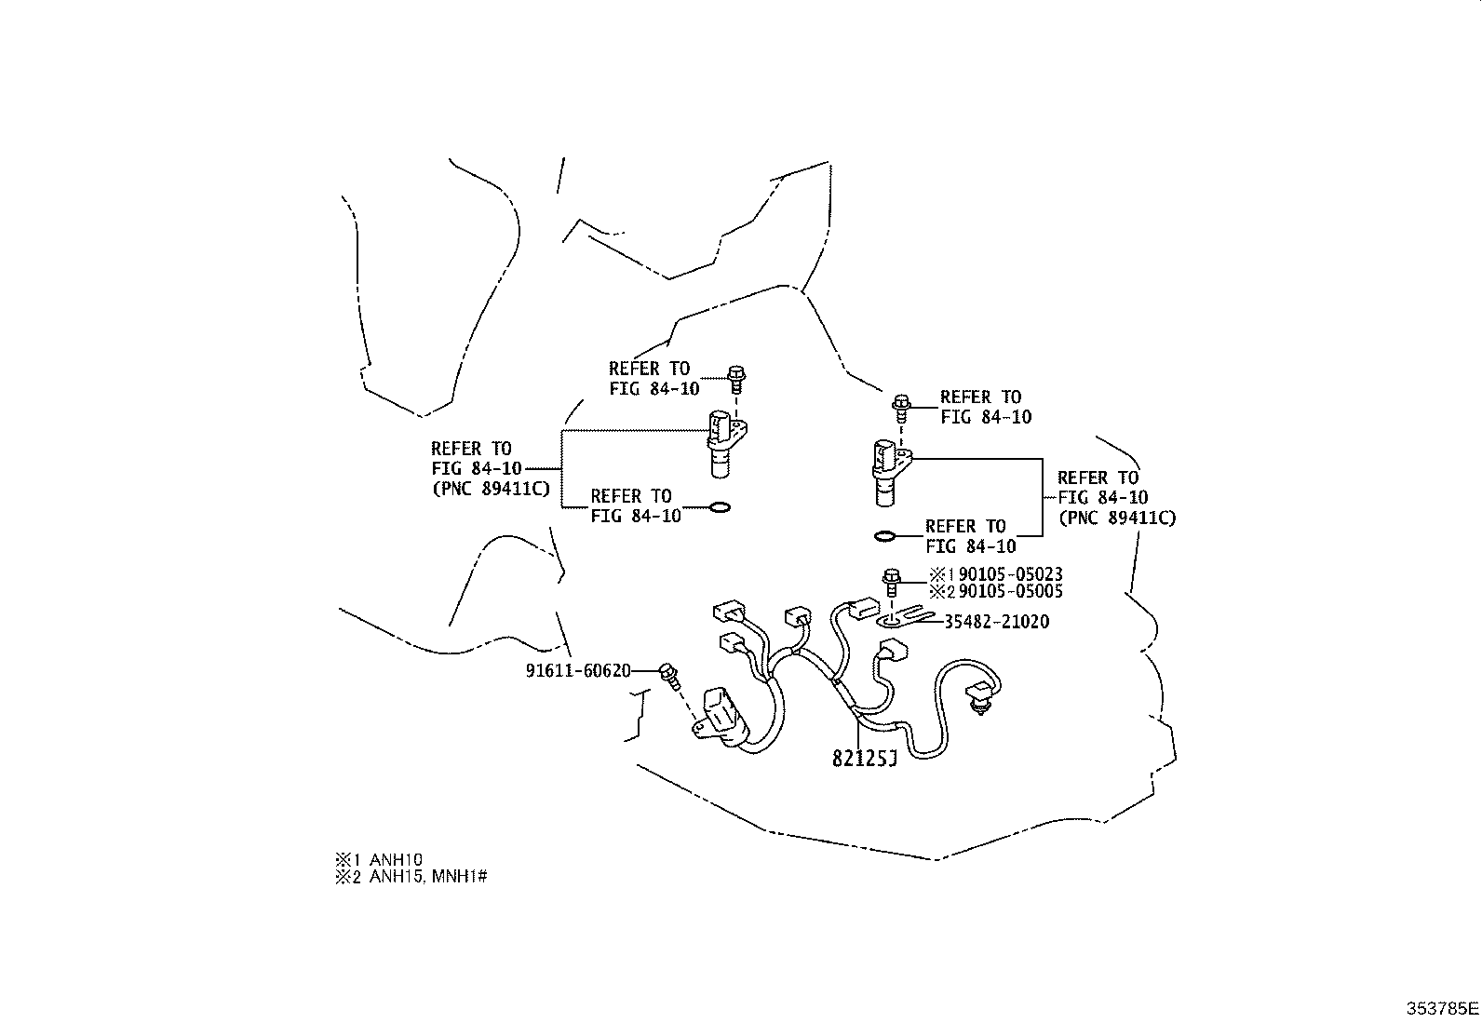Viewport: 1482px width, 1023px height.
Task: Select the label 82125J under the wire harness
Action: tap(863, 760)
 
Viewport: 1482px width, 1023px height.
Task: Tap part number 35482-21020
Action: tap(996, 622)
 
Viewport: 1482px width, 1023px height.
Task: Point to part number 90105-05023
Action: tap(1010, 574)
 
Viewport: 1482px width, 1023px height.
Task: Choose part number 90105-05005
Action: tap(1010, 592)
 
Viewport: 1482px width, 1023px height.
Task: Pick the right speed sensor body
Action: tap(886, 471)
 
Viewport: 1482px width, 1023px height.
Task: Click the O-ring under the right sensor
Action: tap(886, 536)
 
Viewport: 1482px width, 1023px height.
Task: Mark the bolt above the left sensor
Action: tap(736, 379)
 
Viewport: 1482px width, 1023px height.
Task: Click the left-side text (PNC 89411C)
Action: tap(491, 489)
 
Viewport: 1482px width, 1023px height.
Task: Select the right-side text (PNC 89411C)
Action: tap(1116, 518)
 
